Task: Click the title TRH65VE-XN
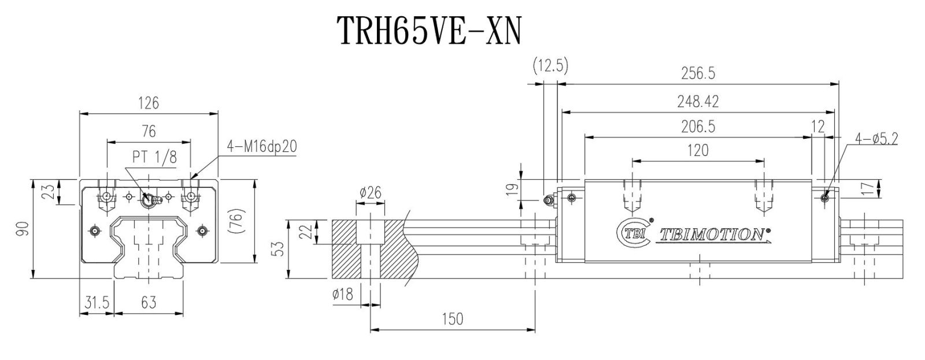click(x=430, y=31)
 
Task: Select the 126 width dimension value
click(x=149, y=103)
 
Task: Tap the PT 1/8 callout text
click(x=154, y=157)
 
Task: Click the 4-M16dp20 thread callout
click(x=262, y=146)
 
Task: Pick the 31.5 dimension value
click(x=97, y=303)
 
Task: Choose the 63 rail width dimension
click(x=149, y=303)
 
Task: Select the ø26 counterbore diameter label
click(x=371, y=192)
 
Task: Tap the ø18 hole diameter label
click(x=343, y=294)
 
